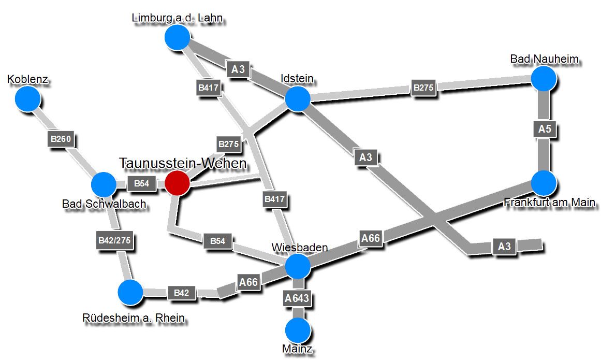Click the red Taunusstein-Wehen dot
[177, 183]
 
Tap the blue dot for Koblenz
[27, 99]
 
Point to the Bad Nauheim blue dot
[544, 78]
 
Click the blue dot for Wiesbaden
[298, 266]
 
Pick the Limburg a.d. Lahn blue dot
[178, 37]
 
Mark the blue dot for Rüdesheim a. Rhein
[130, 292]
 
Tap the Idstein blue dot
[298, 99]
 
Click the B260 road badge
[63, 139]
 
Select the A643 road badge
[297, 298]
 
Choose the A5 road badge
[545, 129]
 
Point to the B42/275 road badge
[114, 240]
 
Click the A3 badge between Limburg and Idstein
[238, 69]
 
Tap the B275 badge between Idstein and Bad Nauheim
[423, 88]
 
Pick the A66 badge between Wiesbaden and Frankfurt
[371, 238]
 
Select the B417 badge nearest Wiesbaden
[275, 199]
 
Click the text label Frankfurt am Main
[549, 202]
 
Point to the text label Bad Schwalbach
[104, 204]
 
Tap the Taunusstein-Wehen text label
[183, 163]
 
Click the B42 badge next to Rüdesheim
[181, 293]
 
